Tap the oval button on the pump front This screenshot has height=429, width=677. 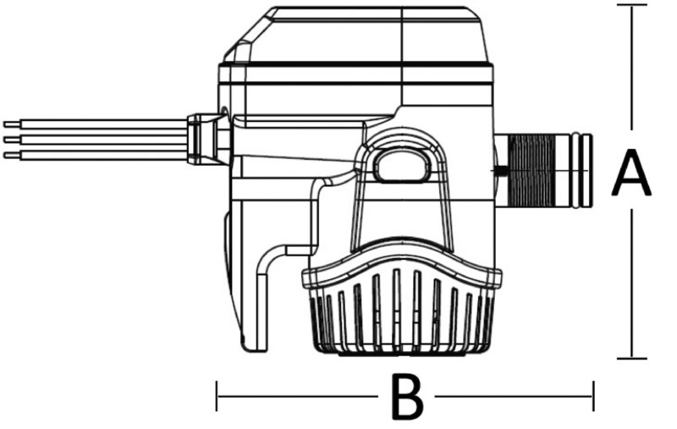pos(400,163)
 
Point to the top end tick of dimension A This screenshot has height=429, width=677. pos(632,5)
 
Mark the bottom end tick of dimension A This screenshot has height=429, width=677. pos(632,358)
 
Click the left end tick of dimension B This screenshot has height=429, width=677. pos(218,395)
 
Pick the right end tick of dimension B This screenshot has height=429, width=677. pos(593,395)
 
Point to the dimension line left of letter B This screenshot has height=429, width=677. pos(296,395)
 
